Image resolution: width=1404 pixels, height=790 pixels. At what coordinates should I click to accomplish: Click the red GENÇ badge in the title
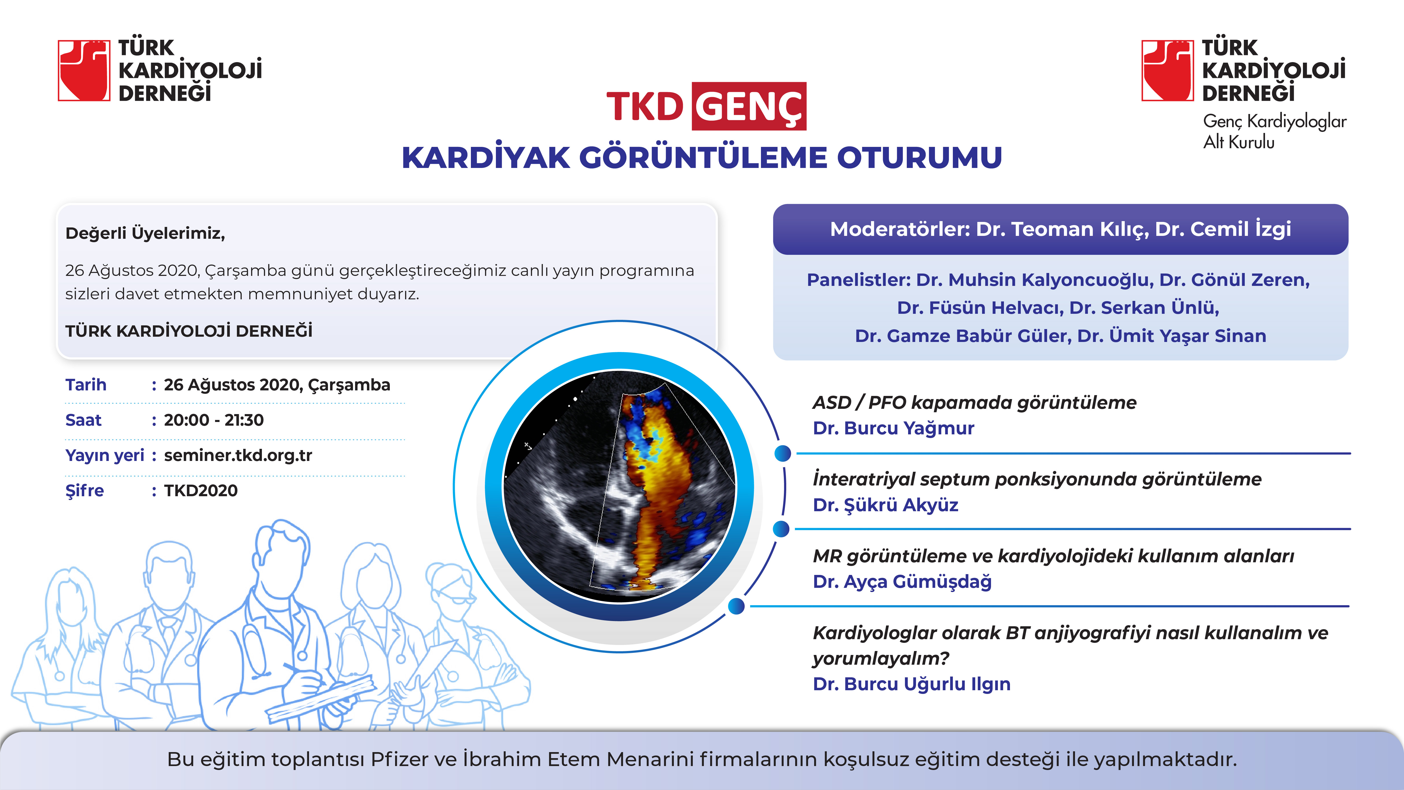click(749, 106)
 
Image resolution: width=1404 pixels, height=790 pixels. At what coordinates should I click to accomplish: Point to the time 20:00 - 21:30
click(214, 420)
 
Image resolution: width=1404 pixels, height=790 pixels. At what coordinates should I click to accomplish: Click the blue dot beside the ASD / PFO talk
click(783, 453)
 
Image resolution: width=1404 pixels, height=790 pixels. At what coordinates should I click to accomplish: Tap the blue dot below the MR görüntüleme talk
click(736, 606)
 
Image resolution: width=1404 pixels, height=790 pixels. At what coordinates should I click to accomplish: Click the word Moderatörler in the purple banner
click(900, 229)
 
